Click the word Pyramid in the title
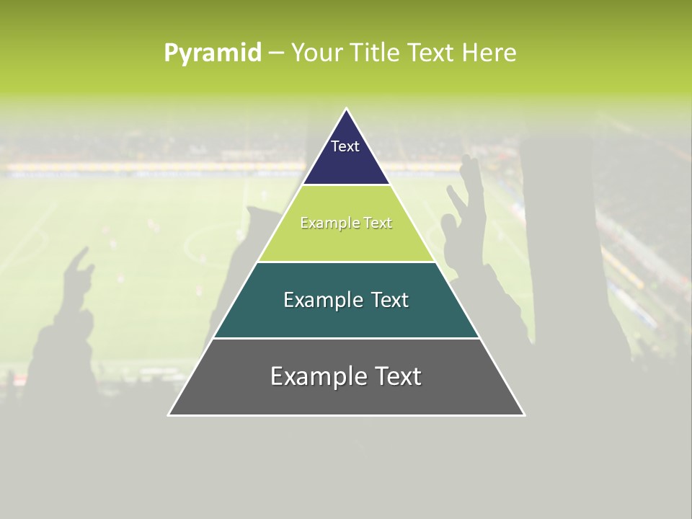click(x=212, y=53)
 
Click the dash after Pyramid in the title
click(x=276, y=53)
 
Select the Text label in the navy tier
click(x=345, y=146)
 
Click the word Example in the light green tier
click(x=322, y=223)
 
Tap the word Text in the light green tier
click(x=377, y=223)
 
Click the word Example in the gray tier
click(x=311, y=376)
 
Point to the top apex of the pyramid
click(x=347, y=110)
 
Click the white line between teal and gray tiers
click(x=346, y=338)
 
